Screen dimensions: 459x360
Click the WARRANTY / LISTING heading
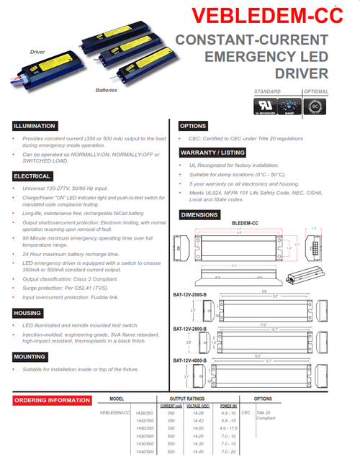point(215,153)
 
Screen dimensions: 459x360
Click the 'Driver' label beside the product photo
point(37,53)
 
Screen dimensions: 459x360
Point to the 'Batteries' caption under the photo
point(106,91)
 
